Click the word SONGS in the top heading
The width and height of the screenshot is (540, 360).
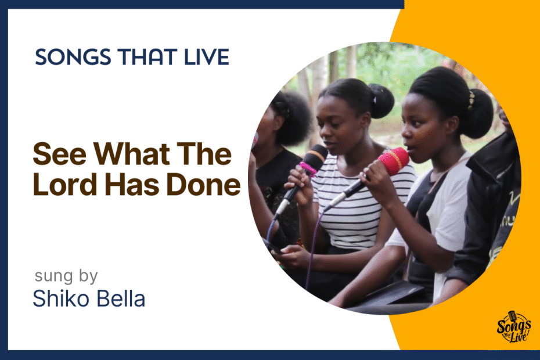click(x=73, y=57)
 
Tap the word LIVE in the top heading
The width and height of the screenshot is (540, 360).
click(x=207, y=57)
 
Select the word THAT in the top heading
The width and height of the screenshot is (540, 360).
click(x=147, y=57)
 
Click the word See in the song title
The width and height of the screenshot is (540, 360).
click(x=59, y=154)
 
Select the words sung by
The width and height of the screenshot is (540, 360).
click(x=66, y=276)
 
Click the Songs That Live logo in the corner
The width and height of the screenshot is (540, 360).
click(x=513, y=327)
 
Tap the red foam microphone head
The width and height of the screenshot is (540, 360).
click(x=394, y=161)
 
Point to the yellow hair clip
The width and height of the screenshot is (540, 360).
click(x=470, y=100)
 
